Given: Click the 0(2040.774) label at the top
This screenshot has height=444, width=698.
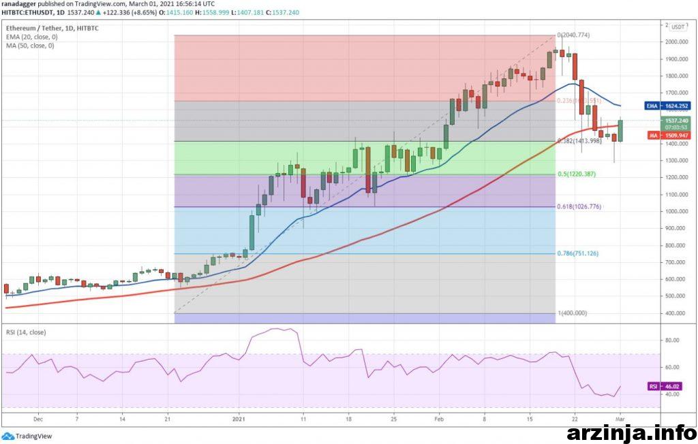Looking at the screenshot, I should click(573, 35).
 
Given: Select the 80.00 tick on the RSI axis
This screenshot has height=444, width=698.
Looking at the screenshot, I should click(672, 339).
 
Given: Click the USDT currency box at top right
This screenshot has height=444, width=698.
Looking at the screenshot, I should click(678, 27).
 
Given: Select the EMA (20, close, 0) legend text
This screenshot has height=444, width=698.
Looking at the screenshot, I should click(33, 36).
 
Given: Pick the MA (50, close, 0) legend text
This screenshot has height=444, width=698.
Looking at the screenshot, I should click(31, 45).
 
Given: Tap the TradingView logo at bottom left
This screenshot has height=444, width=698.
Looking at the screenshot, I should click(27, 436).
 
